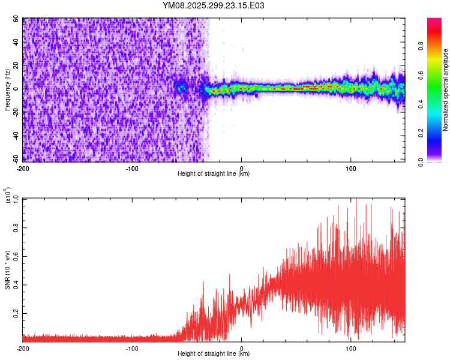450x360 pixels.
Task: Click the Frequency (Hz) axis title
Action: click(x=7, y=90)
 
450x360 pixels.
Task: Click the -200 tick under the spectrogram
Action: click(x=23, y=168)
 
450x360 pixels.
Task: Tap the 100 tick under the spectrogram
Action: click(x=351, y=168)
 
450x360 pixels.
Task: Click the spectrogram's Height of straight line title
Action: click(x=214, y=174)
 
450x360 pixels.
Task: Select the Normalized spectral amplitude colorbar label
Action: click(x=446, y=90)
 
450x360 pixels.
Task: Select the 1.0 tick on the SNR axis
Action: click(x=17, y=199)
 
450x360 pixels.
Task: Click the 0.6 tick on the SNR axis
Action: click(x=17, y=256)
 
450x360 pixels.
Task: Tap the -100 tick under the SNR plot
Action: click(x=133, y=348)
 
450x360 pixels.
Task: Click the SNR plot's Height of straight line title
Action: click(x=214, y=354)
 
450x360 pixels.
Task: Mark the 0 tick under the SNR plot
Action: click(x=242, y=348)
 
